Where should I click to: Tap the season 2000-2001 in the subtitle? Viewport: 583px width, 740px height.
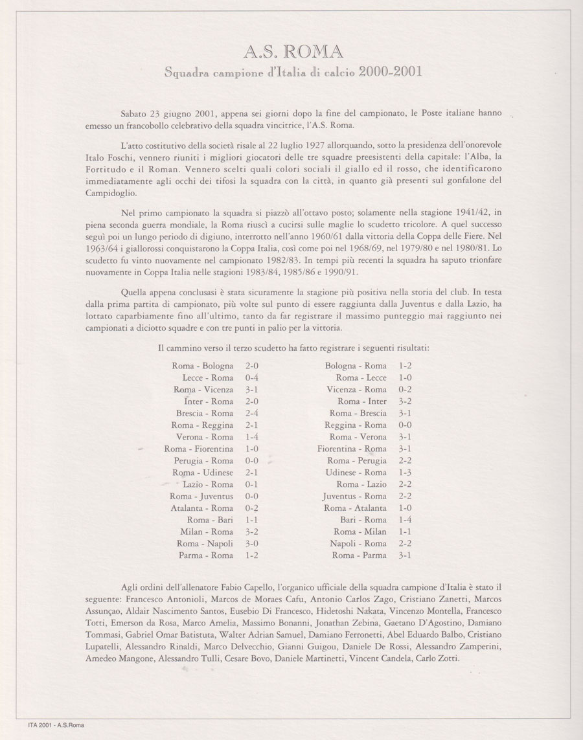click(x=383, y=71)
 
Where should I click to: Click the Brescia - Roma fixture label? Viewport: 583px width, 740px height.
click(x=204, y=413)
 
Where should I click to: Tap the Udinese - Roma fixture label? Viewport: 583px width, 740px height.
click(x=356, y=473)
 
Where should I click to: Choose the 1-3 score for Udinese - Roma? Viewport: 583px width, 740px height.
click(x=406, y=473)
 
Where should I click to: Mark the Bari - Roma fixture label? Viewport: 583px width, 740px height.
click(x=363, y=520)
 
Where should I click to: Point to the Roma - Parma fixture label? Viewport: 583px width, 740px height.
click(x=359, y=555)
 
